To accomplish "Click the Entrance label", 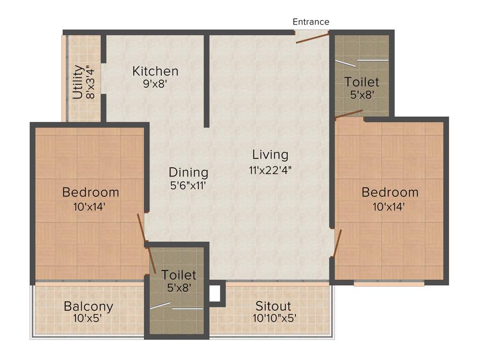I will (311, 22).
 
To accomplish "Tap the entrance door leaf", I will (312, 38).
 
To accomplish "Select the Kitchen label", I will (155, 71).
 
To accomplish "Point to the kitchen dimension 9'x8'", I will (155, 84).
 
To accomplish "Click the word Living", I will (270, 154).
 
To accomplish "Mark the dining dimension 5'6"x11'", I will (188, 185).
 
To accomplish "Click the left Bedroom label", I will (90, 192).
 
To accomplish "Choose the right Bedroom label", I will (390, 192).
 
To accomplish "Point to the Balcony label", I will (89, 307).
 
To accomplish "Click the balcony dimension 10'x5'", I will (89, 319).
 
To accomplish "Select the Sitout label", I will (273, 307).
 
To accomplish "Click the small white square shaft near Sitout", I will (214, 294).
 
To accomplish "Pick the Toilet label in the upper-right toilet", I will (361, 82).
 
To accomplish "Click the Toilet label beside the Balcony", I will (179, 275).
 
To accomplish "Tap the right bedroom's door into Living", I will (337, 243).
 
